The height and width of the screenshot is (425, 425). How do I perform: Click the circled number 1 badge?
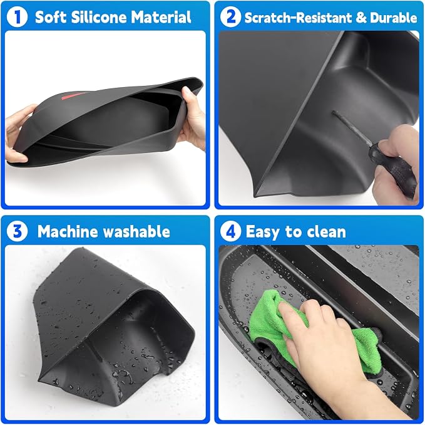(17, 17)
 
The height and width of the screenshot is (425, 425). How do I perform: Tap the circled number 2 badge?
(230, 17)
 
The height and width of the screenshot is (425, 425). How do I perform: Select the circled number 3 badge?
(17, 231)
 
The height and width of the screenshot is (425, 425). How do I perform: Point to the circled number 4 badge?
(230, 231)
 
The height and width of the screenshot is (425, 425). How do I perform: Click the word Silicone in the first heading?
(100, 17)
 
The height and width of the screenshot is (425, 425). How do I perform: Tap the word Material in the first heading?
(161, 17)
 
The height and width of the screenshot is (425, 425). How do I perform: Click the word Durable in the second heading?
(394, 18)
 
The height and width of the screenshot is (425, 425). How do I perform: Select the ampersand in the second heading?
(361, 18)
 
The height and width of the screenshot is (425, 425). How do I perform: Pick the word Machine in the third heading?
(68, 231)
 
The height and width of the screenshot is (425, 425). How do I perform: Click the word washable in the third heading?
(136, 231)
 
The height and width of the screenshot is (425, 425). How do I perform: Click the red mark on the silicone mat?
(73, 96)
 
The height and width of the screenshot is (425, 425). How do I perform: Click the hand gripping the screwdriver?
(399, 163)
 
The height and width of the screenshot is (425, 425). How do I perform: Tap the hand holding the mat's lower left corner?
(19, 133)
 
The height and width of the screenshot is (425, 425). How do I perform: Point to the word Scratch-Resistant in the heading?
(298, 18)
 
